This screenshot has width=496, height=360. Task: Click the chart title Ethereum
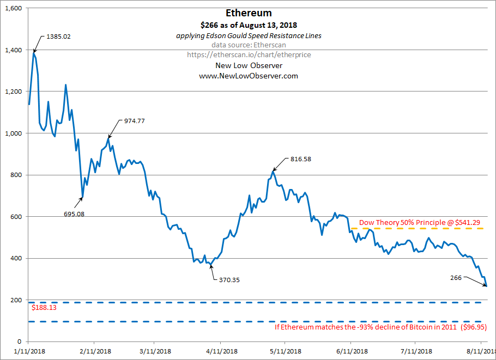249,13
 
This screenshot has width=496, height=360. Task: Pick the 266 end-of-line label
456,278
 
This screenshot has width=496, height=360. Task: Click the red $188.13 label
44,308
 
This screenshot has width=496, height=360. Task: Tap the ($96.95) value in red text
474,328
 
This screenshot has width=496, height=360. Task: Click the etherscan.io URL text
249,55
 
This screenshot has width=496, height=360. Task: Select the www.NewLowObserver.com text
249,76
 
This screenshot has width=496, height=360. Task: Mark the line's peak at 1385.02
34,53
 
